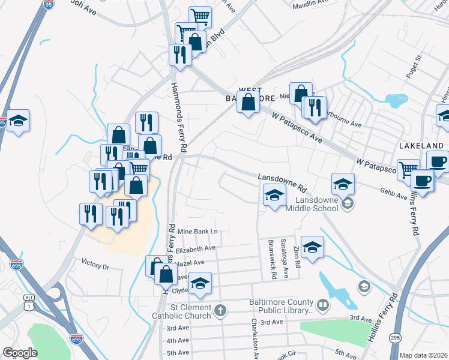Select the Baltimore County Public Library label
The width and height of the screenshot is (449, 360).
point(282,307)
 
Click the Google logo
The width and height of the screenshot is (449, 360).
point(20,353)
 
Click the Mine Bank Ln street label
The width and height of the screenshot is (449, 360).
point(197,231)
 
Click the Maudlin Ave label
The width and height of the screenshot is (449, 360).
point(310,4)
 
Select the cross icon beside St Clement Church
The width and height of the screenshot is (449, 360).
point(221,310)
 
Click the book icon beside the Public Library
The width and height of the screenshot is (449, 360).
point(323,306)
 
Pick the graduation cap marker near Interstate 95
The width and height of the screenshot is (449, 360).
point(19,121)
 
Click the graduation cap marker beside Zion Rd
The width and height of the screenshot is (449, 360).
point(312,247)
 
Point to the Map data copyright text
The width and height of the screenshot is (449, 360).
point(423,355)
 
